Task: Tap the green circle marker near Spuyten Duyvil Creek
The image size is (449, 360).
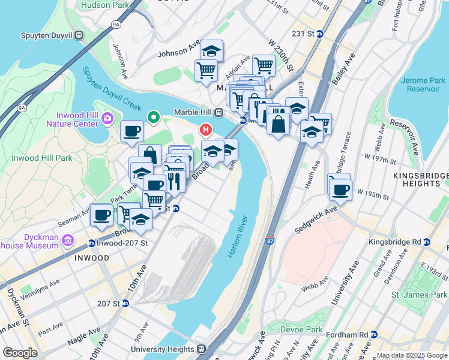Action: [154, 117]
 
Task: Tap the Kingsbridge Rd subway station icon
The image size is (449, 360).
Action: [427, 242]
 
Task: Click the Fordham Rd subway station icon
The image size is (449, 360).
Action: [373, 334]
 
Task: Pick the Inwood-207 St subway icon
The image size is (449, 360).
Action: [91, 243]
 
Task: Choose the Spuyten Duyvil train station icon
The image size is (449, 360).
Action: [79, 35]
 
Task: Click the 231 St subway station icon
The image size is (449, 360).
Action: [320, 34]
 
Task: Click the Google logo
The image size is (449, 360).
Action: [20, 353]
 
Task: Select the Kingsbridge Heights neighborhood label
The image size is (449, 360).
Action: [420, 179]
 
